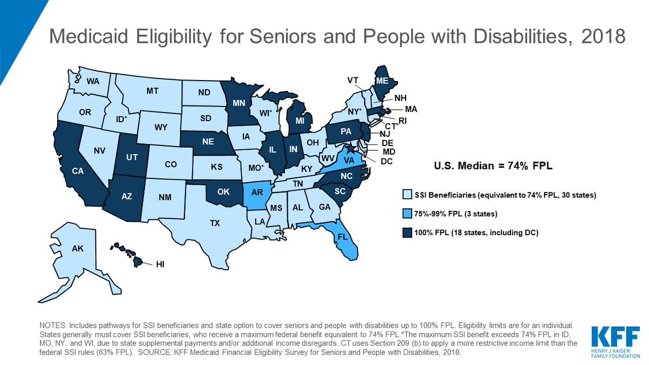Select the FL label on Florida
coord(342,236)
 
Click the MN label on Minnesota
coord(240,102)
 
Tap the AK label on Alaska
coord(77,250)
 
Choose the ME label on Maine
coord(382,81)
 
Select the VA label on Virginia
coord(349,160)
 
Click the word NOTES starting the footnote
coord(52,326)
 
